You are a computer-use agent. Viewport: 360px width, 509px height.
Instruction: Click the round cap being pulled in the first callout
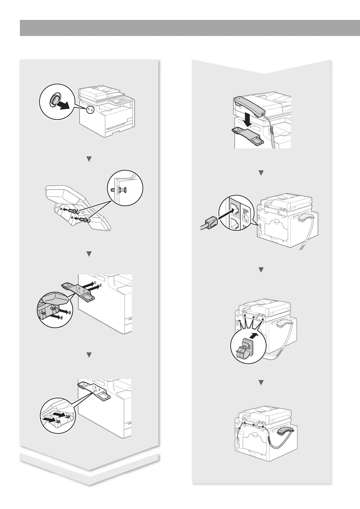pos(55,101)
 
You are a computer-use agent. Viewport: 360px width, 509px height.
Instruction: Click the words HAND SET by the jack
pos(245,211)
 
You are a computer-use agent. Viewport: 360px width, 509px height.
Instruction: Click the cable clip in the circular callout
pos(245,350)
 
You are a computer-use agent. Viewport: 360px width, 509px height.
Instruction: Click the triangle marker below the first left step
pos(89,159)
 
